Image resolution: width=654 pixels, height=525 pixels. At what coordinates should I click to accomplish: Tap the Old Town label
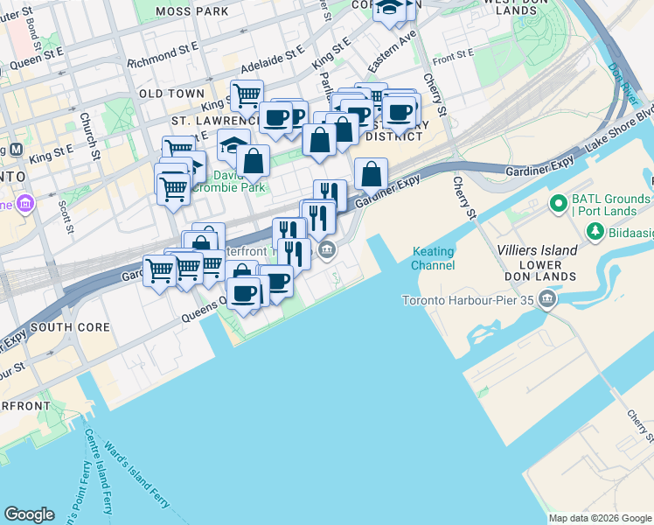click(171, 94)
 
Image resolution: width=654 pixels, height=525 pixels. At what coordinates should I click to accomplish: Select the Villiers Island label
click(540, 250)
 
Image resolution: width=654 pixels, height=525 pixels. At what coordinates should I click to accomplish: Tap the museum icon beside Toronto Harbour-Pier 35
click(548, 301)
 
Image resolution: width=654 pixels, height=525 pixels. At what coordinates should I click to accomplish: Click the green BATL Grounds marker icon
click(558, 205)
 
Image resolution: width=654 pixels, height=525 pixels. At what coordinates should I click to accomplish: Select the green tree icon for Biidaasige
click(595, 231)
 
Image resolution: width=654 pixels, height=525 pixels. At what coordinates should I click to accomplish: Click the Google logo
click(29, 514)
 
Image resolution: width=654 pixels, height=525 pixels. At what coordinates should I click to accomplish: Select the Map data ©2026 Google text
click(599, 518)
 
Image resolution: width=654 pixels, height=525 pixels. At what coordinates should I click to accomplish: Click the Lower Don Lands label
click(539, 269)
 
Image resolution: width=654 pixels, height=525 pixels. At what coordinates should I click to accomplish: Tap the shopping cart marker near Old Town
click(247, 94)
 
